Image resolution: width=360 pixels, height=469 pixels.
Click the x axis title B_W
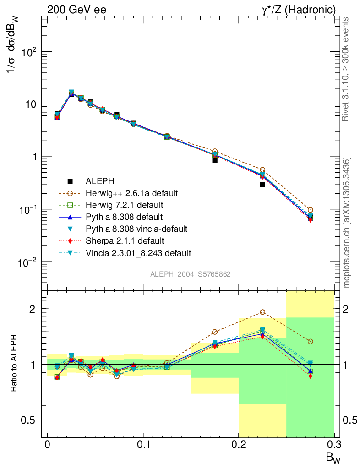pyautogui.click(x=333, y=457)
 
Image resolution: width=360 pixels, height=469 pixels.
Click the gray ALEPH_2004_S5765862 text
pyautogui.click(x=190, y=274)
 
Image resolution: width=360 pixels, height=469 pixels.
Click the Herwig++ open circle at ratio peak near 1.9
pyautogui.click(x=262, y=312)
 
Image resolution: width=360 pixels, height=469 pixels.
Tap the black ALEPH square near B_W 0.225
pyautogui.click(x=262, y=184)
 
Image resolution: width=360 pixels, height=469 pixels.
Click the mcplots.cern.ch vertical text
pyautogui.click(x=347, y=222)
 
